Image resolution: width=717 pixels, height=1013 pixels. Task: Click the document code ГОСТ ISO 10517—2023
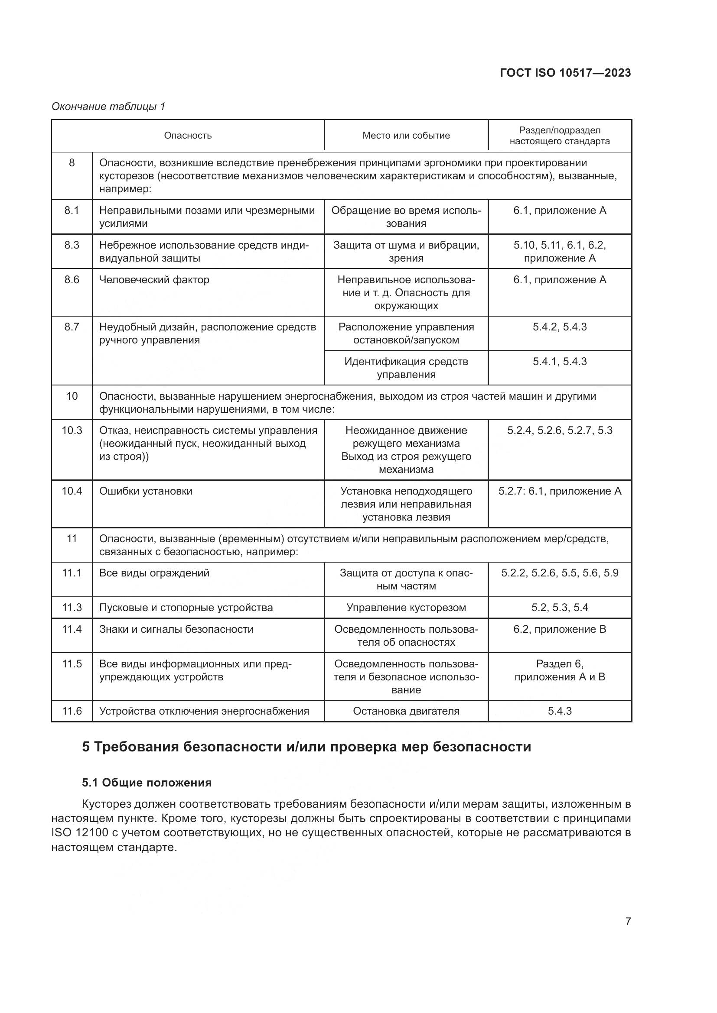click(x=565, y=73)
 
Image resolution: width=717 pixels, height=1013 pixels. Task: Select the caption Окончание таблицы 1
click(x=108, y=107)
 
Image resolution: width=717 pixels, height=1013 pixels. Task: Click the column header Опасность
click(x=188, y=136)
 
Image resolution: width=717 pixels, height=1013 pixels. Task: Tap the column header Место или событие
click(x=406, y=136)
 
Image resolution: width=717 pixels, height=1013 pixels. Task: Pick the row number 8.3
click(x=72, y=245)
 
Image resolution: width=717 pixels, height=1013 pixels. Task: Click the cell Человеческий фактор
click(x=154, y=280)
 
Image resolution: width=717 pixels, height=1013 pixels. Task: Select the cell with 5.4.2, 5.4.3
click(x=559, y=327)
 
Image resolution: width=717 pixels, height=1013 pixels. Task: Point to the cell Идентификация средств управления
click(x=406, y=368)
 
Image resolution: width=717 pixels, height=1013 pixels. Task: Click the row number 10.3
click(x=72, y=430)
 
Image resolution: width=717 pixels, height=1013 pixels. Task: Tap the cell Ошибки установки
click(x=146, y=491)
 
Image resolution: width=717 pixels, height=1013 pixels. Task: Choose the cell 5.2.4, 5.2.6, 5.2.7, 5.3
click(x=559, y=430)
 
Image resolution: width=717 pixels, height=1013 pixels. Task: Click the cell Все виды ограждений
click(x=154, y=573)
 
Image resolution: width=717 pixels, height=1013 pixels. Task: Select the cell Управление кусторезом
click(x=406, y=608)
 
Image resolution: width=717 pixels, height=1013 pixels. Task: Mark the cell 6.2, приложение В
click(x=559, y=629)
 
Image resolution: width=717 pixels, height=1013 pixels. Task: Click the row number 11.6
click(x=72, y=711)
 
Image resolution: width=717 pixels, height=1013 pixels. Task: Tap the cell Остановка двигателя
click(x=406, y=711)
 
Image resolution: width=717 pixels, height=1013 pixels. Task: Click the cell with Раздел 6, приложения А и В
click(x=559, y=670)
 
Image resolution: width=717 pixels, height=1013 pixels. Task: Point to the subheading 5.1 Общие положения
click(x=147, y=783)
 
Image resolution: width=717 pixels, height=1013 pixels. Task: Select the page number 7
click(x=628, y=921)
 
